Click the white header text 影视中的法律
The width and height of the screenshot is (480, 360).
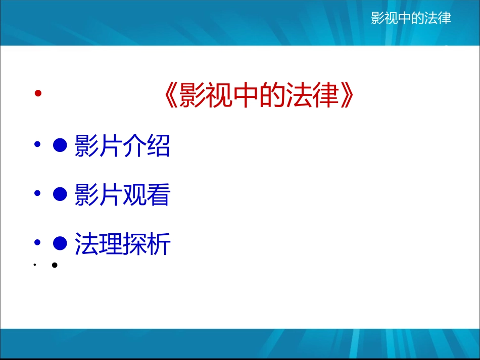[x=411, y=19]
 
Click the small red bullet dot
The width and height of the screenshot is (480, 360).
[x=37, y=93]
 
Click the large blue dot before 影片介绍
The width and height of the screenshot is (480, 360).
[x=60, y=146]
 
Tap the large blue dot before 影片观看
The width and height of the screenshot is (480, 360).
[x=60, y=194]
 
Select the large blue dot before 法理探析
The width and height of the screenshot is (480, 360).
[x=60, y=244]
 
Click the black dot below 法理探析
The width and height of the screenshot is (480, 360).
[x=54, y=265]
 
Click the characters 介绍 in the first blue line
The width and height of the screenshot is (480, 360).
[x=147, y=146]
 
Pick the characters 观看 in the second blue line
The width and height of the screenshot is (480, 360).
[x=147, y=195]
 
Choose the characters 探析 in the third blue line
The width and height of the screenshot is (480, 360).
[x=147, y=244]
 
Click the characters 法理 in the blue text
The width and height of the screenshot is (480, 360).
[x=99, y=244]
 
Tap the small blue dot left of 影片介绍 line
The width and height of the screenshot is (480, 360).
[x=37, y=145]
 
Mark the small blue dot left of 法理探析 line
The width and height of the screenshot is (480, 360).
[x=37, y=243]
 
